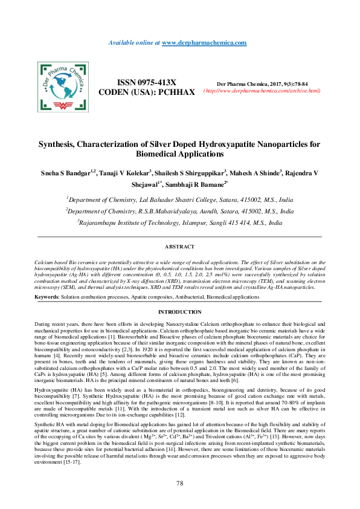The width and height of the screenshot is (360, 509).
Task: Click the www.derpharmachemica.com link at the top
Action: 204,43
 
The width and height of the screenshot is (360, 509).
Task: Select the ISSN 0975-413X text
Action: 147,82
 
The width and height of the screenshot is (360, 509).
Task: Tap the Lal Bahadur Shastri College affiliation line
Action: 180,199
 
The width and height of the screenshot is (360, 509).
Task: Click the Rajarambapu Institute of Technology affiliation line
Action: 180,222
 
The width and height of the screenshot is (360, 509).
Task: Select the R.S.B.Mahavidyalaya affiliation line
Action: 180,211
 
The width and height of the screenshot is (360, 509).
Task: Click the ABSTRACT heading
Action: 180,247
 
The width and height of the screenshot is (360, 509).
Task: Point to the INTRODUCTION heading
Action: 180,312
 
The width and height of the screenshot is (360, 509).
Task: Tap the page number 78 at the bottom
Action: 180,484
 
